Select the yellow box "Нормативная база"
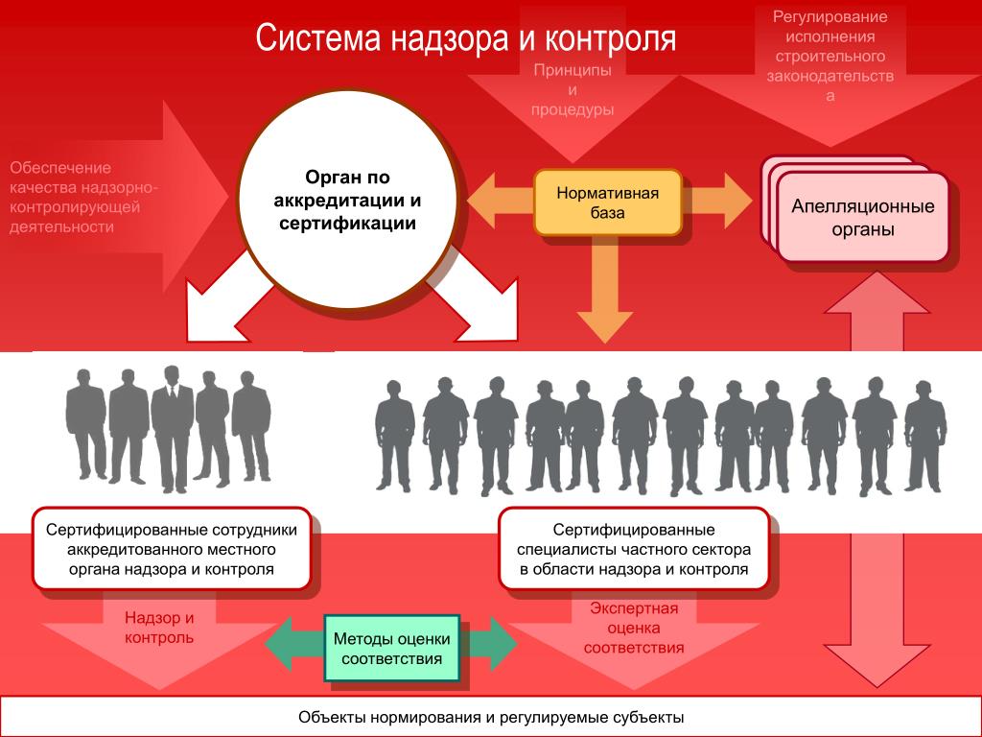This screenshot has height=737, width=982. (x=607, y=202)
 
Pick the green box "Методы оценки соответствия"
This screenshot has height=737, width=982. (x=392, y=649)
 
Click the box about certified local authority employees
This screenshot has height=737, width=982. (x=172, y=549)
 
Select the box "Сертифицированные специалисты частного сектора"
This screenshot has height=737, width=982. (x=633, y=549)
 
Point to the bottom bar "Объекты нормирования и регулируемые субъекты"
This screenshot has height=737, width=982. (x=491, y=718)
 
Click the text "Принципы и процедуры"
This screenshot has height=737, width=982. (x=573, y=90)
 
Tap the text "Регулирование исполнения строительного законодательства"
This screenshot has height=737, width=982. (x=830, y=56)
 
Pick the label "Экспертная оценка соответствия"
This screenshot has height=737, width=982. (x=634, y=628)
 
